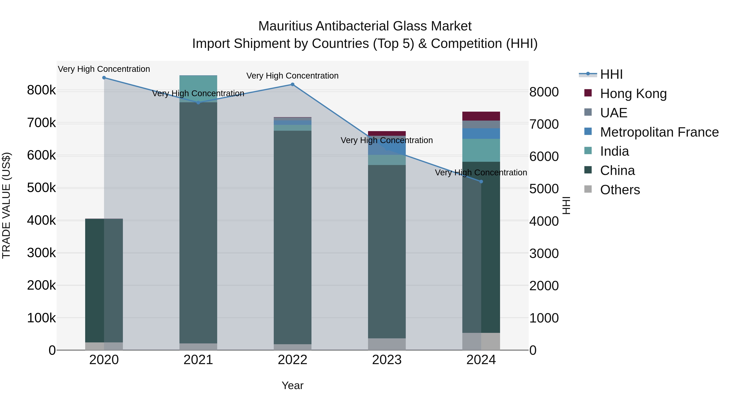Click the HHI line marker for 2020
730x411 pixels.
(x=104, y=78)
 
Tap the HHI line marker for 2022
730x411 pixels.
(x=292, y=84)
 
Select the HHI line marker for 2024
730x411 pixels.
(x=481, y=181)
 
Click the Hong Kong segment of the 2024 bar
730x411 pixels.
(x=481, y=116)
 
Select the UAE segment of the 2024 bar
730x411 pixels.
(x=481, y=125)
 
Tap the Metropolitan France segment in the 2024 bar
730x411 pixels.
(x=481, y=134)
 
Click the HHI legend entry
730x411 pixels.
(x=611, y=74)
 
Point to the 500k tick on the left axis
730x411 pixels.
(x=41, y=188)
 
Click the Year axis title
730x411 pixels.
(x=292, y=385)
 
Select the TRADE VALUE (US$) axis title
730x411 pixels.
(x=6, y=205)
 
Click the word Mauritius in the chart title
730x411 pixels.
(x=285, y=26)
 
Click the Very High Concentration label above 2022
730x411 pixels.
(x=292, y=76)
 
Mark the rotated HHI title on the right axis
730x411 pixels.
(x=566, y=205)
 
